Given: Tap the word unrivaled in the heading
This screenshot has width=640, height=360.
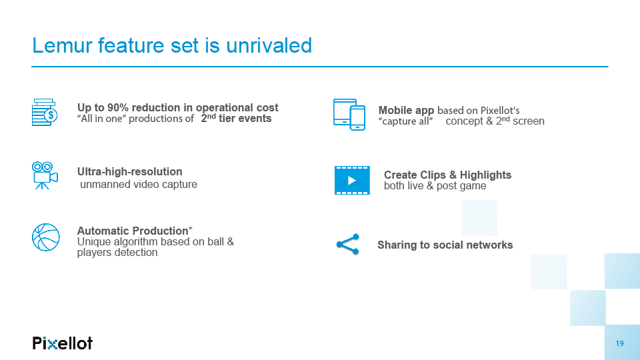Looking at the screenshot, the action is click(x=269, y=45).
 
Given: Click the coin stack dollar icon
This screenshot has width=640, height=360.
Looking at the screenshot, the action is click(x=45, y=112).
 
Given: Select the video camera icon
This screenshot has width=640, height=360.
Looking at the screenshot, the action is click(x=45, y=175).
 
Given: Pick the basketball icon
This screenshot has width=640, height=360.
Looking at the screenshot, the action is click(x=46, y=237).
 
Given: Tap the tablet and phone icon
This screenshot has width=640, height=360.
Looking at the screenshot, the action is click(x=349, y=114).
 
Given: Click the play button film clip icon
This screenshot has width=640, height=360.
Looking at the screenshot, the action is click(x=352, y=181).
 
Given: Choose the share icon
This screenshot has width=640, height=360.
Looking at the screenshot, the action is click(x=348, y=245).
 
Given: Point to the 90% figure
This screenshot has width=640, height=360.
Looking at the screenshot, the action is click(x=118, y=108).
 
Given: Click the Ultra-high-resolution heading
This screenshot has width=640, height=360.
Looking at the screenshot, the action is click(x=130, y=172).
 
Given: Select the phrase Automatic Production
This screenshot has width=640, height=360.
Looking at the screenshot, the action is click(x=133, y=231).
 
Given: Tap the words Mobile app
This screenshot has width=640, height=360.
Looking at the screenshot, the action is click(x=406, y=111).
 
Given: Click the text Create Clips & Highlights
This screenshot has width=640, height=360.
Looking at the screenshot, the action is click(x=447, y=175).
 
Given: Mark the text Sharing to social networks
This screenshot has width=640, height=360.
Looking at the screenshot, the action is click(x=445, y=245).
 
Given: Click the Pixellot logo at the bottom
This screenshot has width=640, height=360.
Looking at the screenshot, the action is click(x=63, y=343).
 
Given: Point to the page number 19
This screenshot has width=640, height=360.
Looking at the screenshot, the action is click(x=619, y=344).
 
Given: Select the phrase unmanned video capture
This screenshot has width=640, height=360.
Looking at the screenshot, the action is click(x=139, y=185).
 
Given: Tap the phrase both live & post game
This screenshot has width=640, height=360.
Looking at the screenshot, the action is click(x=435, y=186).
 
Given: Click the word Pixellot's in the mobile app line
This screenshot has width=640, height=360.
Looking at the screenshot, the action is click(x=500, y=111).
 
